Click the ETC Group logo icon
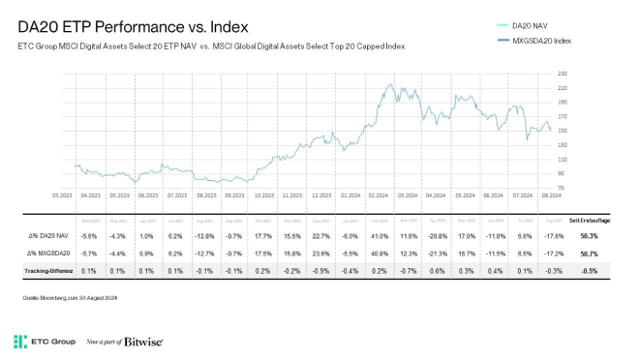click(19, 342)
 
